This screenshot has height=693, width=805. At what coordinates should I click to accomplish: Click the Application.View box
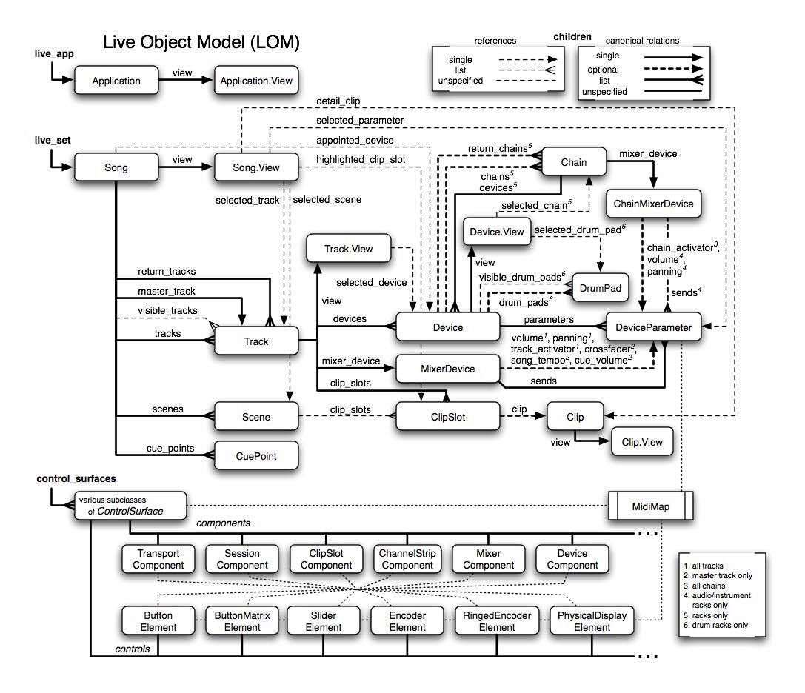click(x=255, y=81)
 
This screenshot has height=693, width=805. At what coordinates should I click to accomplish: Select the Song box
click(x=116, y=168)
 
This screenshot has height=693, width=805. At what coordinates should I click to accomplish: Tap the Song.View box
click(x=255, y=168)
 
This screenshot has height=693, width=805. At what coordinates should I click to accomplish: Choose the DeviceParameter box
click(x=653, y=327)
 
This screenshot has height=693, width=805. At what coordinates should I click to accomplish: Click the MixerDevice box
click(x=447, y=368)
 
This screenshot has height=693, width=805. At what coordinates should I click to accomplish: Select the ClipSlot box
click(x=447, y=417)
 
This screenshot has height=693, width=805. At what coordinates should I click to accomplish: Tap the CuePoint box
click(x=255, y=456)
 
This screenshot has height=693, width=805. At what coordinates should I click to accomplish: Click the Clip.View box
click(x=642, y=443)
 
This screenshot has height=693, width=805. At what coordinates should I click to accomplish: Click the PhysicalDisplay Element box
click(x=592, y=621)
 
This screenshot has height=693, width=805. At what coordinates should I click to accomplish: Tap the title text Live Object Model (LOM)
click(x=201, y=43)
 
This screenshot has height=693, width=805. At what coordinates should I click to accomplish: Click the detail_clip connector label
click(x=339, y=100)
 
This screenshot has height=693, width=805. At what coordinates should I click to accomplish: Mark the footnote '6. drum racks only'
click(x=716, y=625)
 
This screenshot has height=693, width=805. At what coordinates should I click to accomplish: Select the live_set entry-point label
click(x=52, y=140)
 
